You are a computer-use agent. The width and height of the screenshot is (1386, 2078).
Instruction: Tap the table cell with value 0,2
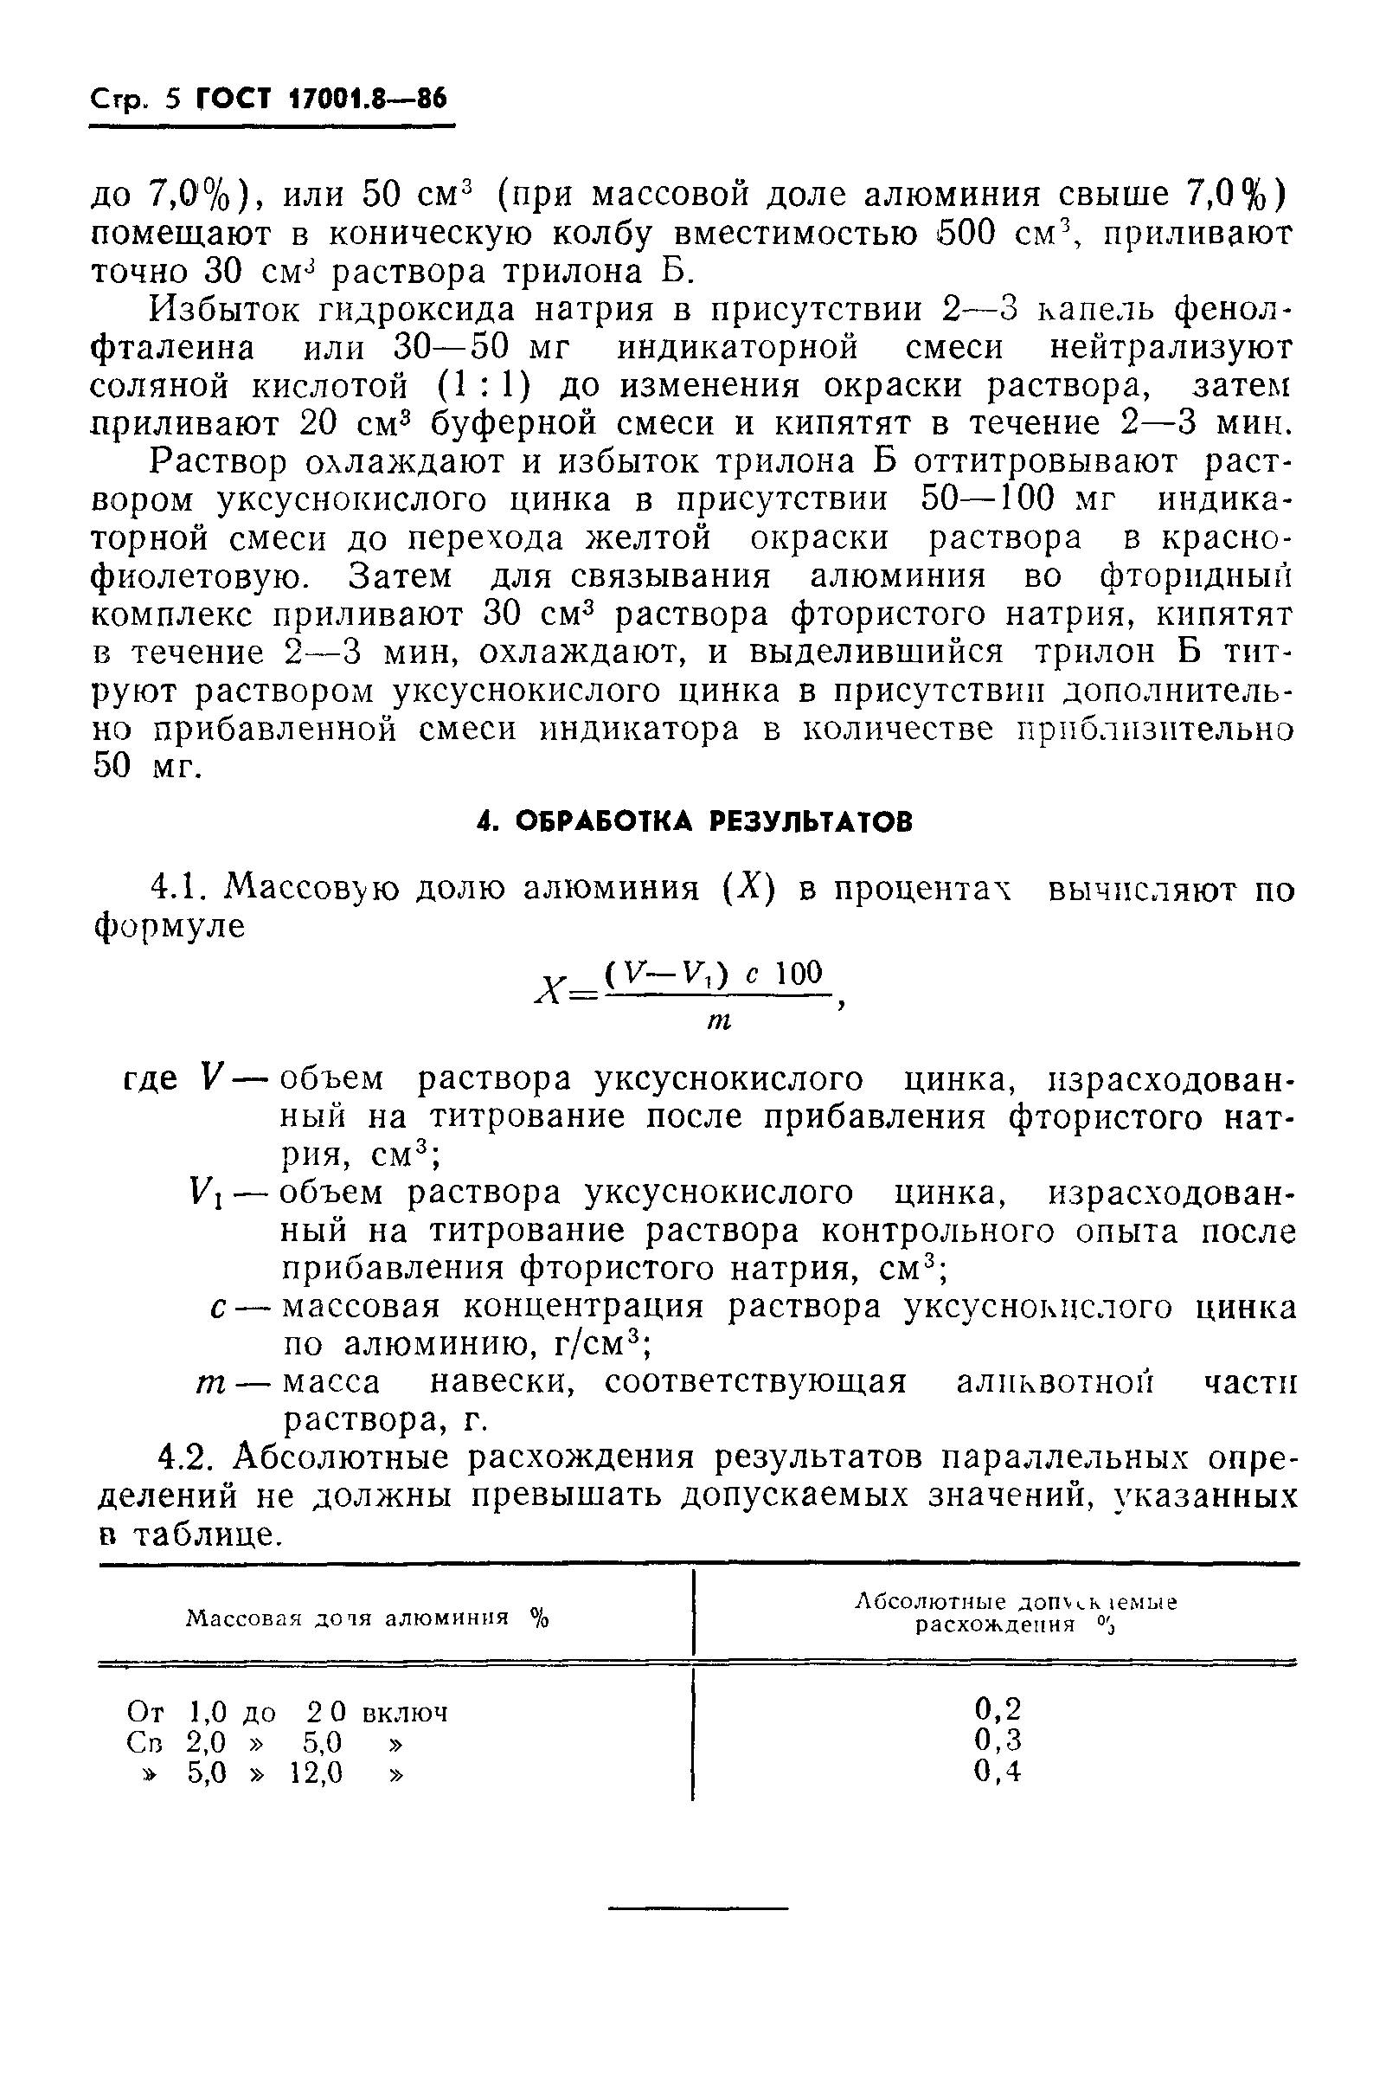pyautogui.click(x=997, y=1707)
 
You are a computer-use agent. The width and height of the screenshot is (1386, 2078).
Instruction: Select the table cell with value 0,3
pyautogui.click(x=997, y=1740)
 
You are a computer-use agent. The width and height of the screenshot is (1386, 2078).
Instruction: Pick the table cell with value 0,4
pyautogui.click(x=997, y=1771)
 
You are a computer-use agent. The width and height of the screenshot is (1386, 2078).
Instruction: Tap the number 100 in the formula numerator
pyautogui.click(x=799, y=974)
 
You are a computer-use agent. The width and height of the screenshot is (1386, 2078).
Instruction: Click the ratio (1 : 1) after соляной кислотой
pyautogui.click(x=484, y=386)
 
